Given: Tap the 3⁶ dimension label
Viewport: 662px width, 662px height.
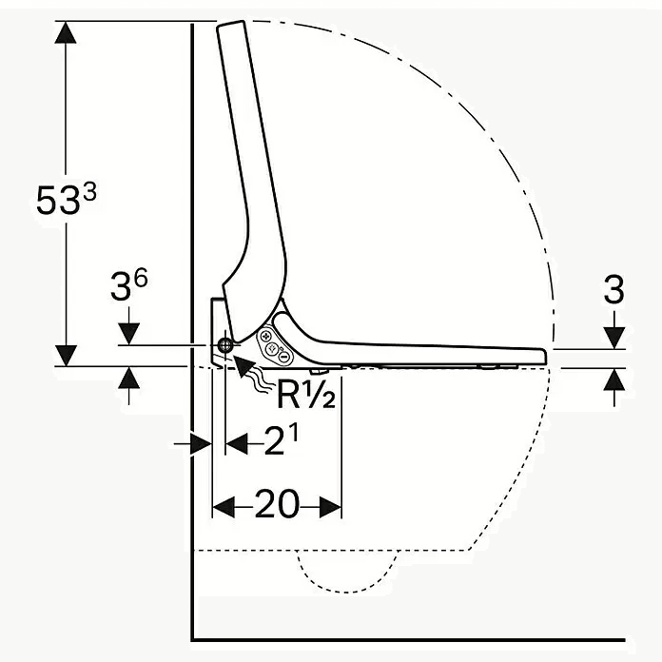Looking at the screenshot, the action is click(x=128, y=286).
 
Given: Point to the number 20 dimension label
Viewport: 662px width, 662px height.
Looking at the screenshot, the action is click(x=277, y=504).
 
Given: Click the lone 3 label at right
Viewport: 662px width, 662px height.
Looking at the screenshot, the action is click(x=613, y=289).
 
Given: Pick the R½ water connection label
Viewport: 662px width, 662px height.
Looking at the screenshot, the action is click(x=306, y=394).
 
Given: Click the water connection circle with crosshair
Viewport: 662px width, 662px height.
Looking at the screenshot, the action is click(x=225, y=346).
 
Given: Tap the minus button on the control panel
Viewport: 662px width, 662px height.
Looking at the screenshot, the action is click(x=285, y=357).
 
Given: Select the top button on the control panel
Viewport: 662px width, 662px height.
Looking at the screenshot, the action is click(x=266, y=337).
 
